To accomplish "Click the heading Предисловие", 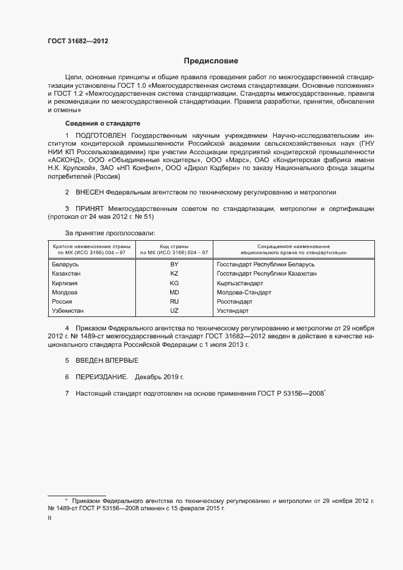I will click(x=212, y=61).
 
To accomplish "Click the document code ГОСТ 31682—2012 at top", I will click(x=78, y=41).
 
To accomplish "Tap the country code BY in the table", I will click(x=174, y=265).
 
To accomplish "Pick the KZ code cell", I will click(x=174, y=274).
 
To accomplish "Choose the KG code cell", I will click(x=174, y=283).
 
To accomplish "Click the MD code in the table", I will click(x=174, y=293).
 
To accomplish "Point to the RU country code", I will click(x=174, y=302).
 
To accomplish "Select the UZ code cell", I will click(x=174, y=311).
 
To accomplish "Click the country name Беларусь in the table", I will click(x=65, y=265).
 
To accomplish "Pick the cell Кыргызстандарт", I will click(x=240, y=283).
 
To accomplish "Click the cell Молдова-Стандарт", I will click(x=243, y=293).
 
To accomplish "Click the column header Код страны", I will click(x=174, y=245).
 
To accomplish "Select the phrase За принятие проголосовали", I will click(x=110, y=233).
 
